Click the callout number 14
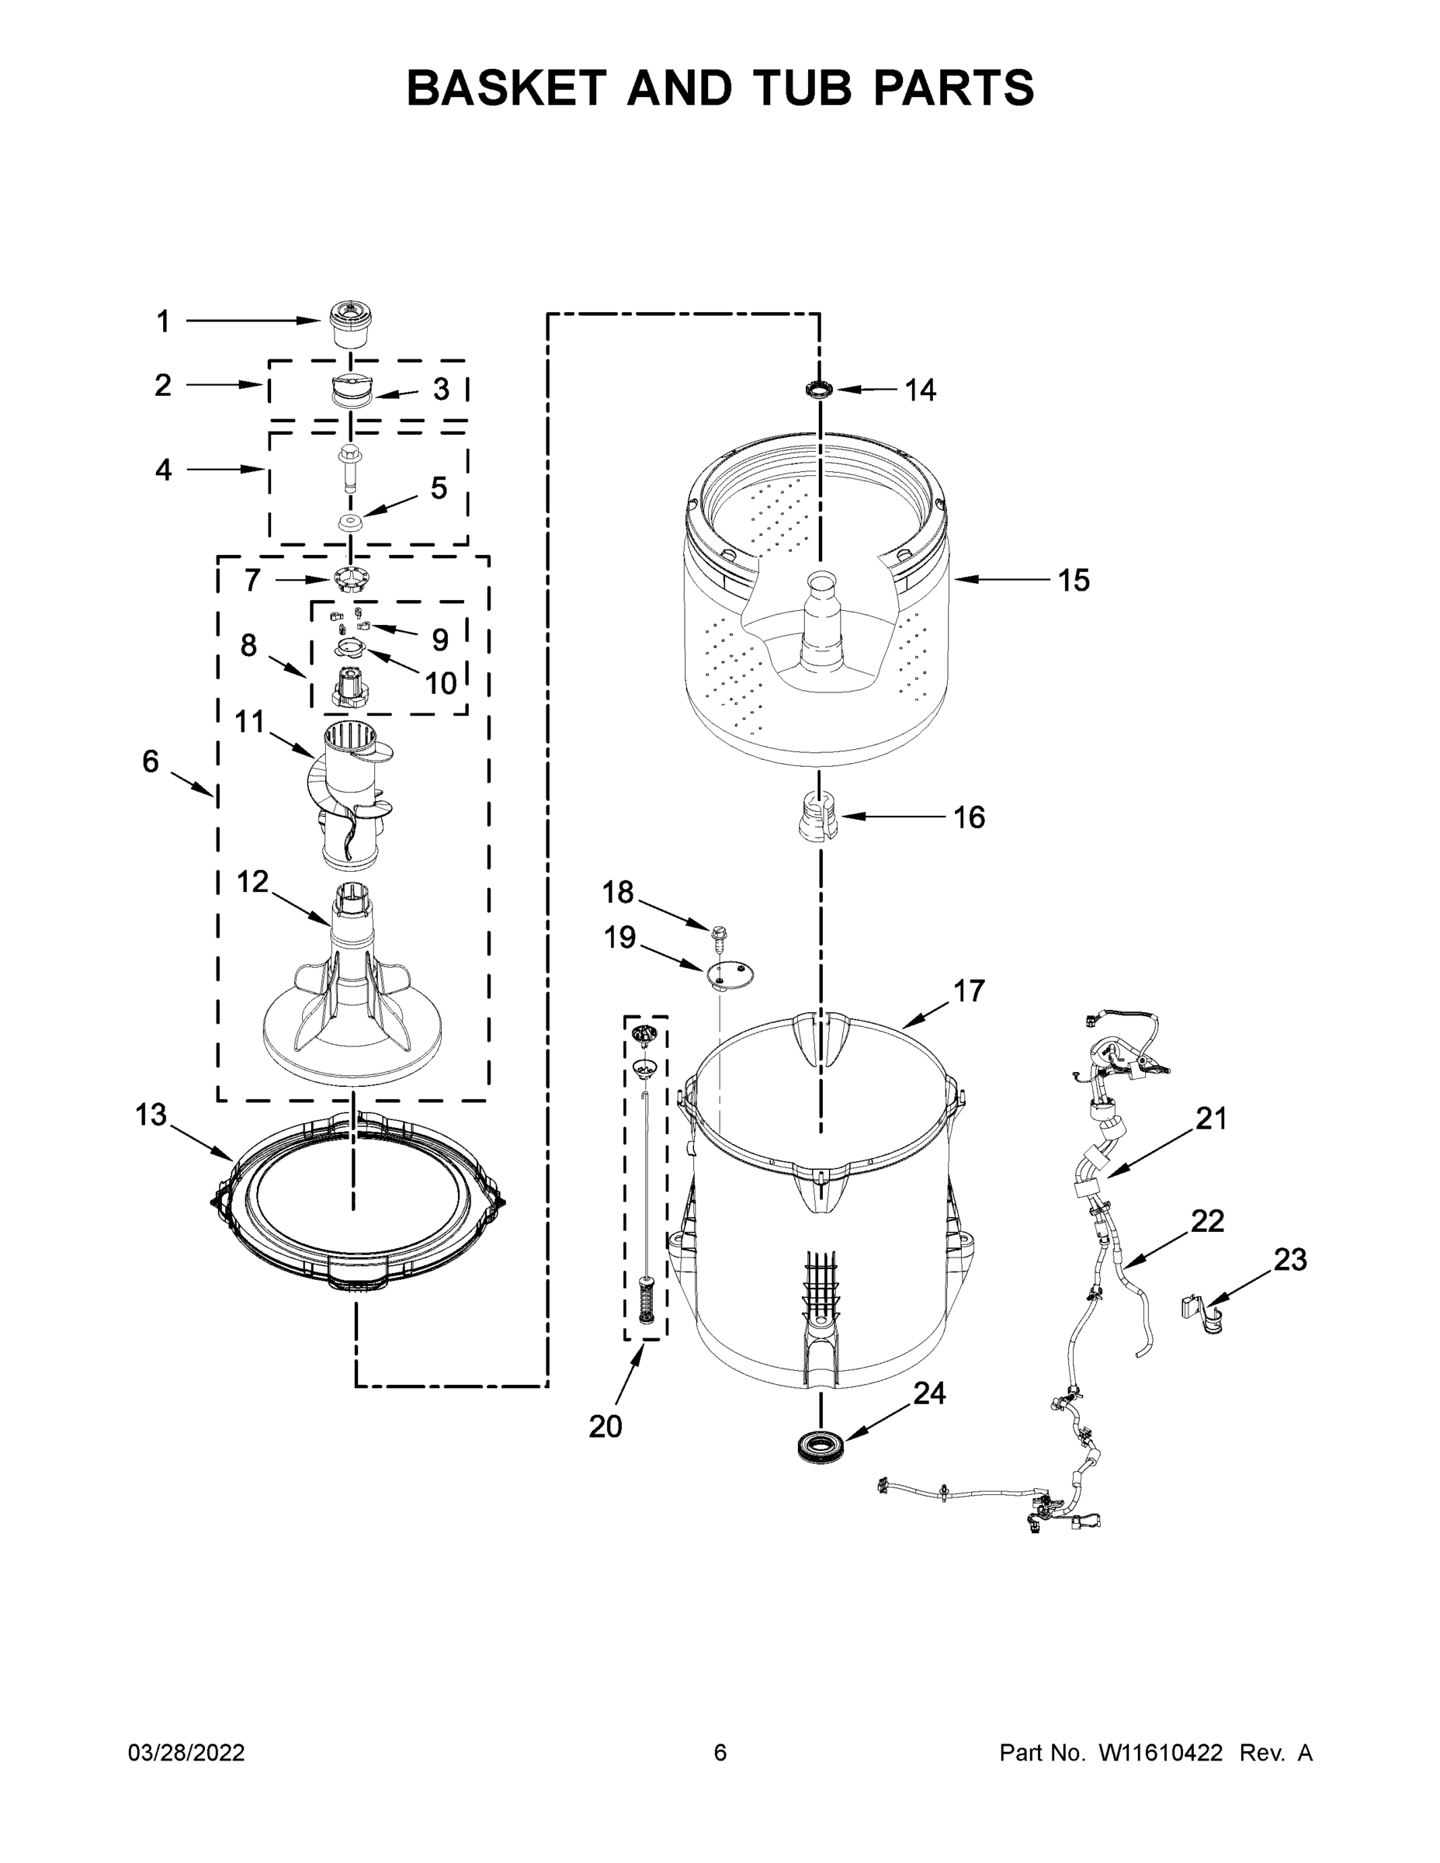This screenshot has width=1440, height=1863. [920, 390]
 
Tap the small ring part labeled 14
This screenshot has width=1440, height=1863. [818, 390]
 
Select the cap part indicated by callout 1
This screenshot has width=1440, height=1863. [350, 324]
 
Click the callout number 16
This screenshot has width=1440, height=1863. [968, 817]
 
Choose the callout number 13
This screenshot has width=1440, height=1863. [151, 1114]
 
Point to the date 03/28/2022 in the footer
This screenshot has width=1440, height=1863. [186, 1752]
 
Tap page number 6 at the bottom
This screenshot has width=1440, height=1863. [720, 1752]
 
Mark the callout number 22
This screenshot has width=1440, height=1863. [1207, 1222]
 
